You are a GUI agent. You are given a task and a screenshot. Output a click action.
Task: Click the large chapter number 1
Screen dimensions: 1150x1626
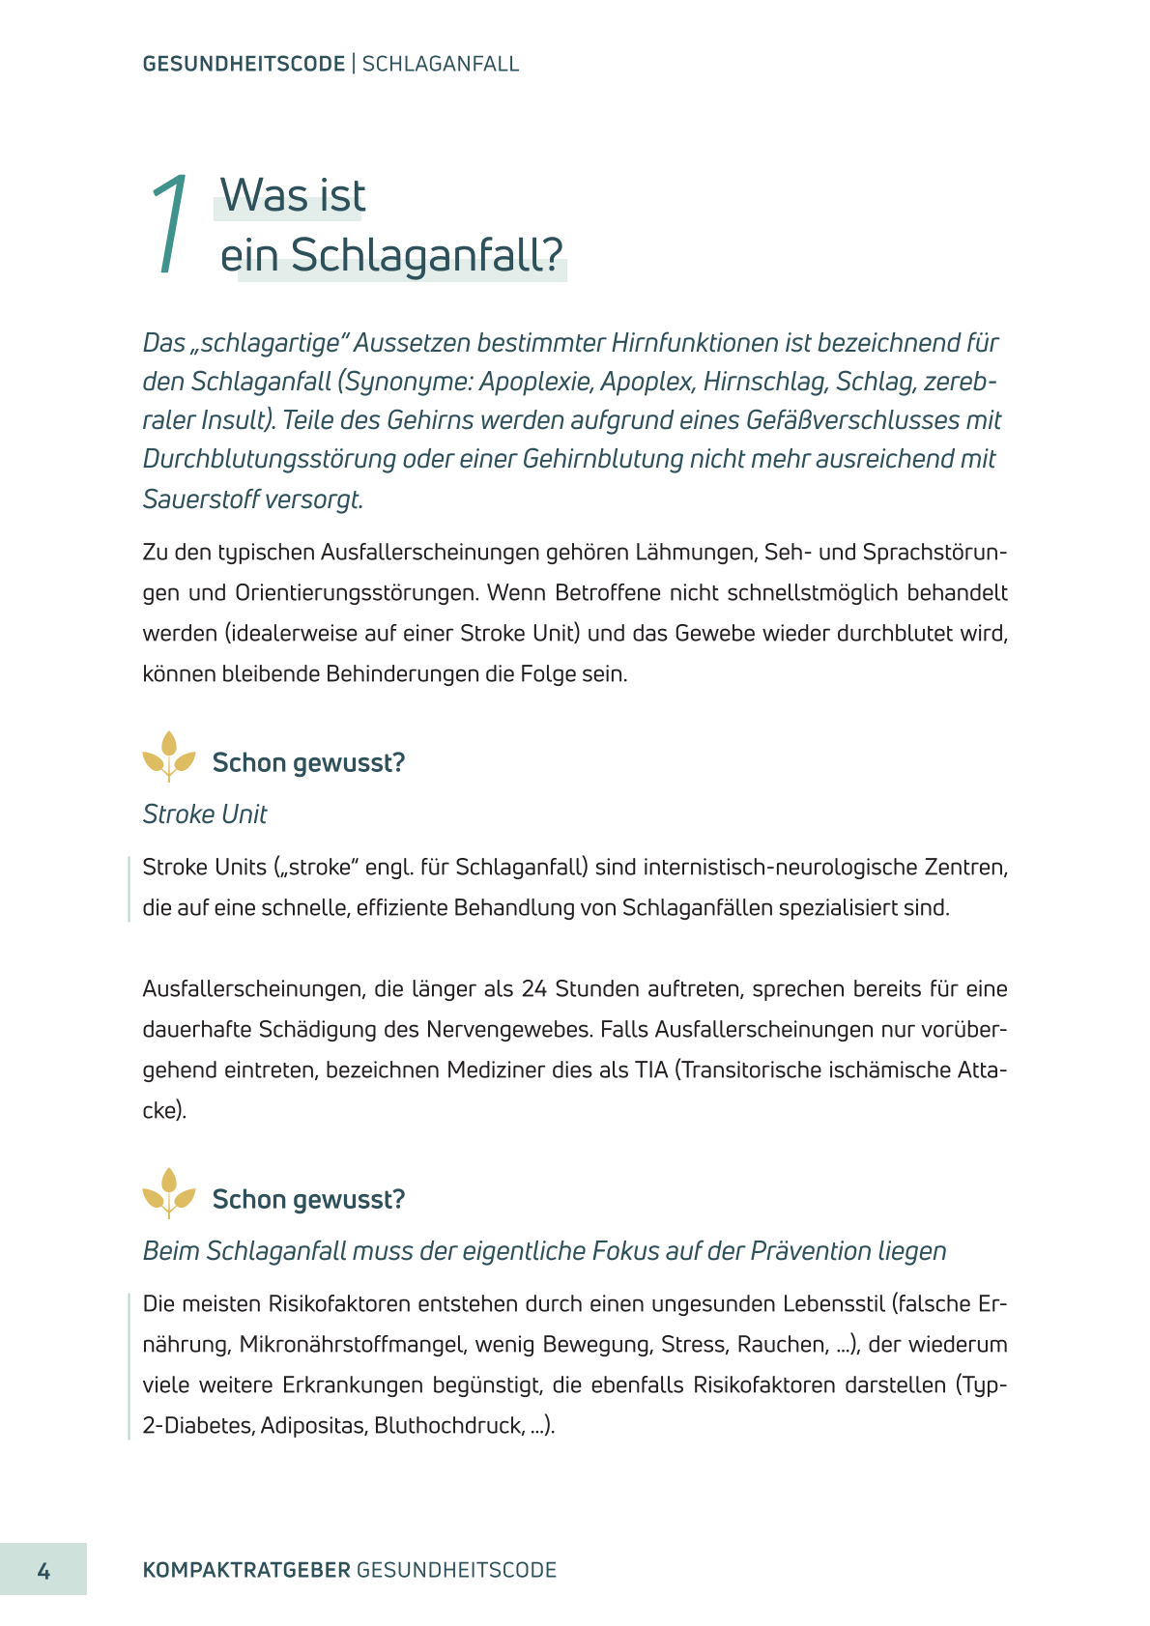click(x=170, y=224)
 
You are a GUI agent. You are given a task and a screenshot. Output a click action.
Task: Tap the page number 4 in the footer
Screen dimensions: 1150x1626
click(x=43, y=1570)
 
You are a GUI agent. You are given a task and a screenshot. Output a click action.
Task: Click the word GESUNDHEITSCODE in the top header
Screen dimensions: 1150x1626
click(x=244, y=64)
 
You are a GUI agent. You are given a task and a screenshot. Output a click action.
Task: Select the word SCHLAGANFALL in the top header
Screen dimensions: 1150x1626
click(x=441, y=64)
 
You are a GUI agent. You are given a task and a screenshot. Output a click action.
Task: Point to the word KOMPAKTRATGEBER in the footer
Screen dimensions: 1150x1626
click(x=246, y=1570)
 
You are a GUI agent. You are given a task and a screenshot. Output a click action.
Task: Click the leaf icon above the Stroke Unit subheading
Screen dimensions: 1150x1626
click(x=169, y=756)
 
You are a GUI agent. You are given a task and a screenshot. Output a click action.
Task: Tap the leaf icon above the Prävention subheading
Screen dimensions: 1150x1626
click(x=169, y=1192)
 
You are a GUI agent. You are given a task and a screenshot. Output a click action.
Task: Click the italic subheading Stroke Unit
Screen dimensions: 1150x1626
click(x=205, y=814)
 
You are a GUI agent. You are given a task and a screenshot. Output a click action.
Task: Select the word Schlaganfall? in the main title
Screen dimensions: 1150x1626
click(x=426, y=255)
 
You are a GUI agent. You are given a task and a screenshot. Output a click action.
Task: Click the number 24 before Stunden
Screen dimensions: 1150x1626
click(x=534, y=988)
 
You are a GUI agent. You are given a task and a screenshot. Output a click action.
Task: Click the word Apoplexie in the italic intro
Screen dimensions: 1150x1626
click(x=536, y=382)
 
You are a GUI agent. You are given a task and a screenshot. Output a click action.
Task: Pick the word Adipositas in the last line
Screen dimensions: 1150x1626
click(x=313, y=1425)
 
